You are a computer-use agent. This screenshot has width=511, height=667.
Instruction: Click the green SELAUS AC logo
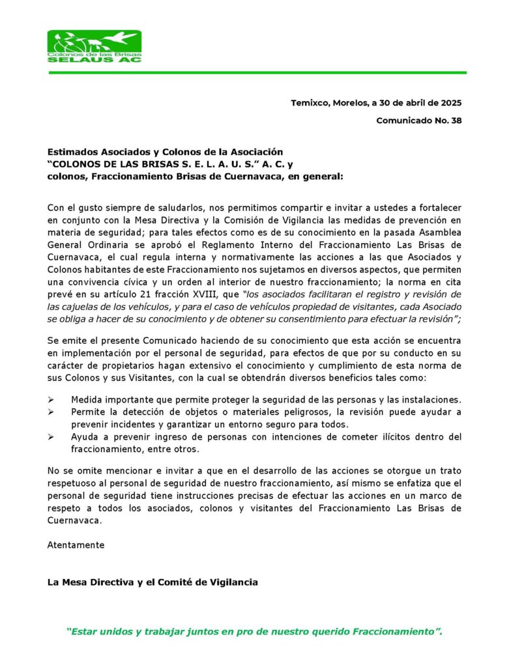95,46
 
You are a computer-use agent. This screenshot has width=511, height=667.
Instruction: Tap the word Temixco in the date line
310,102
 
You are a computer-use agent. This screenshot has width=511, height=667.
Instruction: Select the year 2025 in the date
451,102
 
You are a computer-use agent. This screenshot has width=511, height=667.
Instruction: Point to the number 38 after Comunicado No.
456,121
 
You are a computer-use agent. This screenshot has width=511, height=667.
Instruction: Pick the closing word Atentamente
76,545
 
